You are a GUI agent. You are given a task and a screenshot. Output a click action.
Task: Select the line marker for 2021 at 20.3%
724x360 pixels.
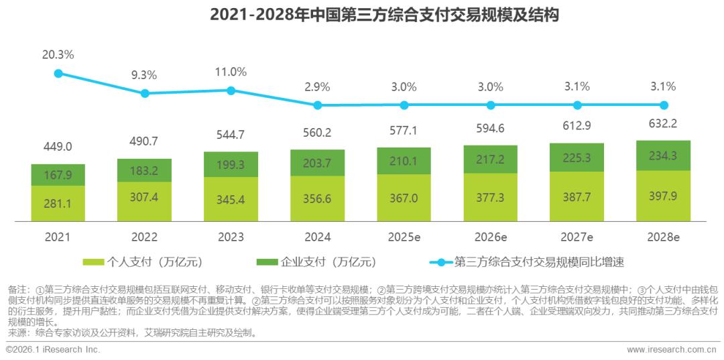tap(58, 73)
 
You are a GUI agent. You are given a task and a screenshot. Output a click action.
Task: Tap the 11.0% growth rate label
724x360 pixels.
tap(231, 72)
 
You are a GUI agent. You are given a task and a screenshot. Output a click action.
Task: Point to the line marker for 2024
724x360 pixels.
tap(318, 105)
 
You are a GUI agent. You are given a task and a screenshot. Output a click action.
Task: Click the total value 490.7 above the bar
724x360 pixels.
tap(145, 142)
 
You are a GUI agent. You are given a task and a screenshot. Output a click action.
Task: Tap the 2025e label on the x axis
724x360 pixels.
tap(404, 238)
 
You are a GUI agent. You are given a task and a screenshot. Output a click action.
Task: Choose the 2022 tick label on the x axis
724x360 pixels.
tap(144, 238)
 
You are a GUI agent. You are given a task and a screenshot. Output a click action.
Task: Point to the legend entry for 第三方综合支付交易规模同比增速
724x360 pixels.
tap(530, 261)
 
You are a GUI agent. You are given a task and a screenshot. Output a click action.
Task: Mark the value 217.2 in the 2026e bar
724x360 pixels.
tap(491, 160)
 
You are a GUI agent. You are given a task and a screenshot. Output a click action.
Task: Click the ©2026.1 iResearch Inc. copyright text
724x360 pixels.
tap(53, 350)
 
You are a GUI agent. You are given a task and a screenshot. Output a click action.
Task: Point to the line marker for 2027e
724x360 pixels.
tap(577, 105)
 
